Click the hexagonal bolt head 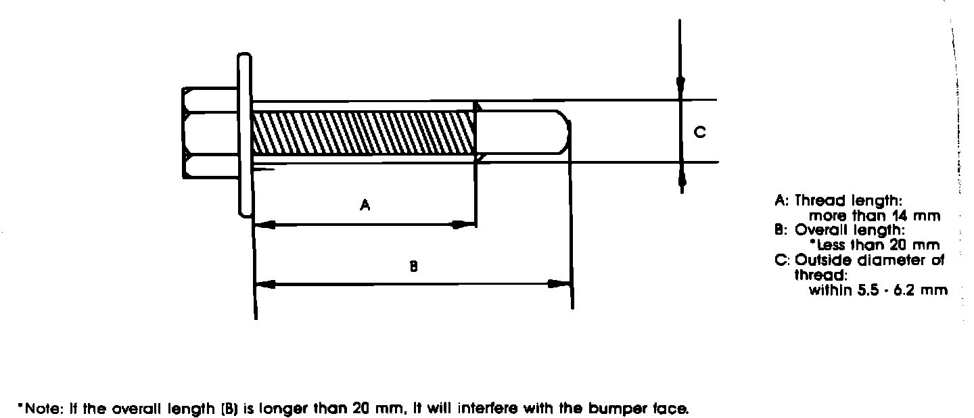[208, 133]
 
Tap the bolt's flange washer [244, 135]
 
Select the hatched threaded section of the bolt [362, 133]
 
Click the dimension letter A [365, 204]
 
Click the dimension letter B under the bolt [413, 266]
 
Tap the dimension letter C [701, 133]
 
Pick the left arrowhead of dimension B [266, 284]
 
